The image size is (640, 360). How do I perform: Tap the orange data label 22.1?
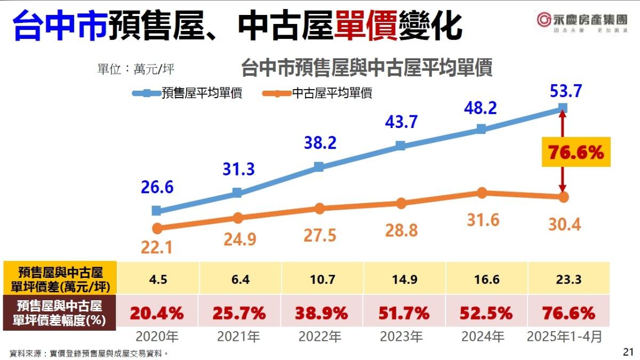point(157,248)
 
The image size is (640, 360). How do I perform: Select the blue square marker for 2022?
point(318,166)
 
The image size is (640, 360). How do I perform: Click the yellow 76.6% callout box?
point(575,153)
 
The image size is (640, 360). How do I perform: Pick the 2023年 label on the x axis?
point(401,337)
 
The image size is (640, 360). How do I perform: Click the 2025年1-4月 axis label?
point(564,337)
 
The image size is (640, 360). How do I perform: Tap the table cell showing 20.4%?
point(157,313)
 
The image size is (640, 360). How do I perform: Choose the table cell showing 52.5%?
point(483,313)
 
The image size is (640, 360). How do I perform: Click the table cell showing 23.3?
point(564,278)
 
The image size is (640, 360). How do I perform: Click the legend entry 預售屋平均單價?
point(188,93)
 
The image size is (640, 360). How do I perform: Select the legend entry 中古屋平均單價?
point(318,93)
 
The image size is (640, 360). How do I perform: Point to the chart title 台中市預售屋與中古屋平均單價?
point(366,68)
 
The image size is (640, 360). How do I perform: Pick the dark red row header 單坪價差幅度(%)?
point(60,313)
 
